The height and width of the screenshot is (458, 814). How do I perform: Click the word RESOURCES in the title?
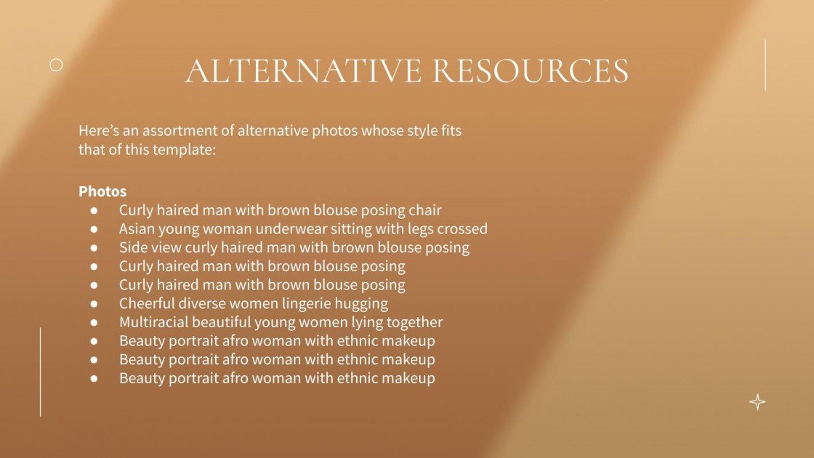pos(530,71)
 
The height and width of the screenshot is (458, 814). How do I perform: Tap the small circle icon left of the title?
pos(56,65)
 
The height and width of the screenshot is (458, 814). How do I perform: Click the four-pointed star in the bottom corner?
pos(757,402)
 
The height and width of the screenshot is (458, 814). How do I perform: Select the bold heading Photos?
pos(102,191)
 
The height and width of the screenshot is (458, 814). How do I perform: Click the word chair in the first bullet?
pos(424,210)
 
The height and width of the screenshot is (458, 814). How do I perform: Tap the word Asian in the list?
pos(137,228)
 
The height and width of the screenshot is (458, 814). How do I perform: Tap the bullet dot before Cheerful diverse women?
pos(94,303)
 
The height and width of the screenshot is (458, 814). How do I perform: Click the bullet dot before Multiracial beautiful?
pos(94,322)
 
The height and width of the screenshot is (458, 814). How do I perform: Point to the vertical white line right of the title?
pos(765,65)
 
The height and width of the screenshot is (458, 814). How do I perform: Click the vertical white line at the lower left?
pos(40,371)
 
